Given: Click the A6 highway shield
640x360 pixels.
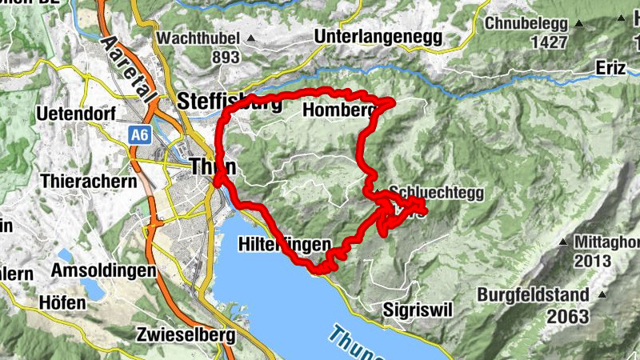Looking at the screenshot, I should coord(140,136).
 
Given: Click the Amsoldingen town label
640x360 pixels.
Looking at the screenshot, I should coord(103,270).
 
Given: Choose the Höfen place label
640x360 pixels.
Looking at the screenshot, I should coord(62,302).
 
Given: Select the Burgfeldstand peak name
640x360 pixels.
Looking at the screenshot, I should coord(533,294).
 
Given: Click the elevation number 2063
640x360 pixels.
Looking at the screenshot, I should coord(568,316).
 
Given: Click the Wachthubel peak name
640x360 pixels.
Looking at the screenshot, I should coord(198,38).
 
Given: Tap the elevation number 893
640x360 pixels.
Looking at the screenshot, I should coord(226,57).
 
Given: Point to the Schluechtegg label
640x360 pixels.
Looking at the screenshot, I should coord(437,193).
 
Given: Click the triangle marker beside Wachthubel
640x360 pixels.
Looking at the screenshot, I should coord(251,38).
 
